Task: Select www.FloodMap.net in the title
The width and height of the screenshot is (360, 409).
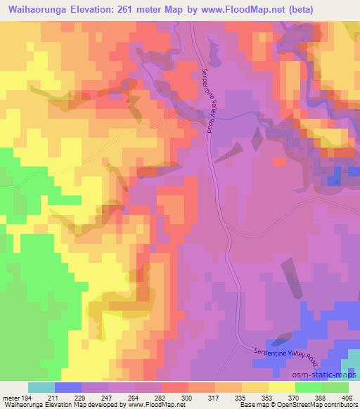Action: click(245, 10)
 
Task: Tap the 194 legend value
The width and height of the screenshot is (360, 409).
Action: click(27, 397)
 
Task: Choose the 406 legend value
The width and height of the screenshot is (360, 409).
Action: click(347, 397)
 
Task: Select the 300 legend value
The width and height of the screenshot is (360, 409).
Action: click(187, 397)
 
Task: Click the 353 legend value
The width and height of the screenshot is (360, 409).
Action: click(267, 397)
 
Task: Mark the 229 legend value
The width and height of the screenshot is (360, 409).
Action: click(80, 397)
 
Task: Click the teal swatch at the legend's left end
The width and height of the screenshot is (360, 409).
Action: click(41, 387)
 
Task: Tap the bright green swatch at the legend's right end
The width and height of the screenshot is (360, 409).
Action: click(335, 387)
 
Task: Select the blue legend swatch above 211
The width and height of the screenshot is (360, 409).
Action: click(67, 387)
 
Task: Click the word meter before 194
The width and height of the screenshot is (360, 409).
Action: click(10, 397)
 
